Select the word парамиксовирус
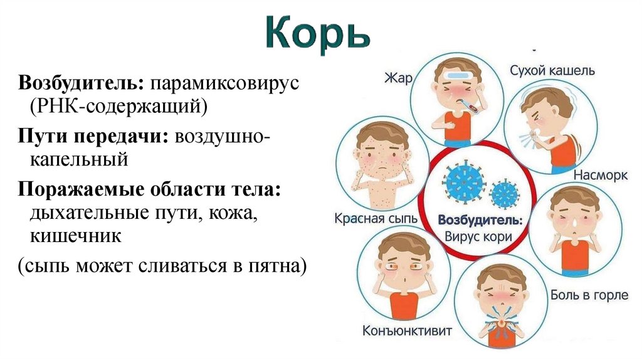click(226, 83)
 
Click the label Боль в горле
click(589, 294)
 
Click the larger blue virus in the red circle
click(464, 181)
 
